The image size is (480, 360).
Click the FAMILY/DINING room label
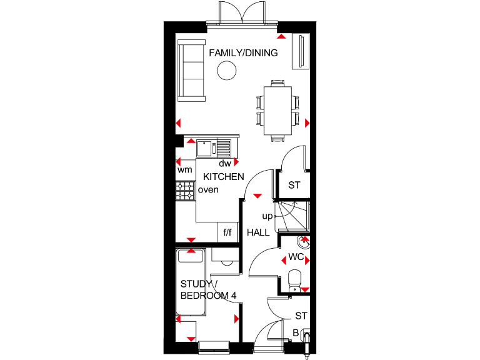pyautogui.click(x=243, y=53)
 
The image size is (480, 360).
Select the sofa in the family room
pyautogui.click(x=191, y=69)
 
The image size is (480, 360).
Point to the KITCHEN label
pyautogui.click(x=223, y=177)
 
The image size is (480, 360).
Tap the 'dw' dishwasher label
pyautogui.click(x=225, y=163)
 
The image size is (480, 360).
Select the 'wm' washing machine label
pyautogui.click(x=184, y=170)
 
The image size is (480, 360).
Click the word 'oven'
pyautogui.click(x=209, y=190)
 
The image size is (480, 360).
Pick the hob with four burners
pyautogui.click(x=186, y=191)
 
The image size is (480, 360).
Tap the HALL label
pyautogui.click(x=258, y=232)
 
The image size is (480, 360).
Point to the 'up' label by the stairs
pyautogui.click(x=266, y=216)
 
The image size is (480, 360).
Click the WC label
pyautogui.click(x=296, y=257)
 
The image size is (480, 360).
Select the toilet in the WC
pyautogui.click(x=295, y=279)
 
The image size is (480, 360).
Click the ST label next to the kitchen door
pyautogui.click(x=294, y=186)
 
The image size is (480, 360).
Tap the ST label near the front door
pyautogui.click(x=301, y=316)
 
